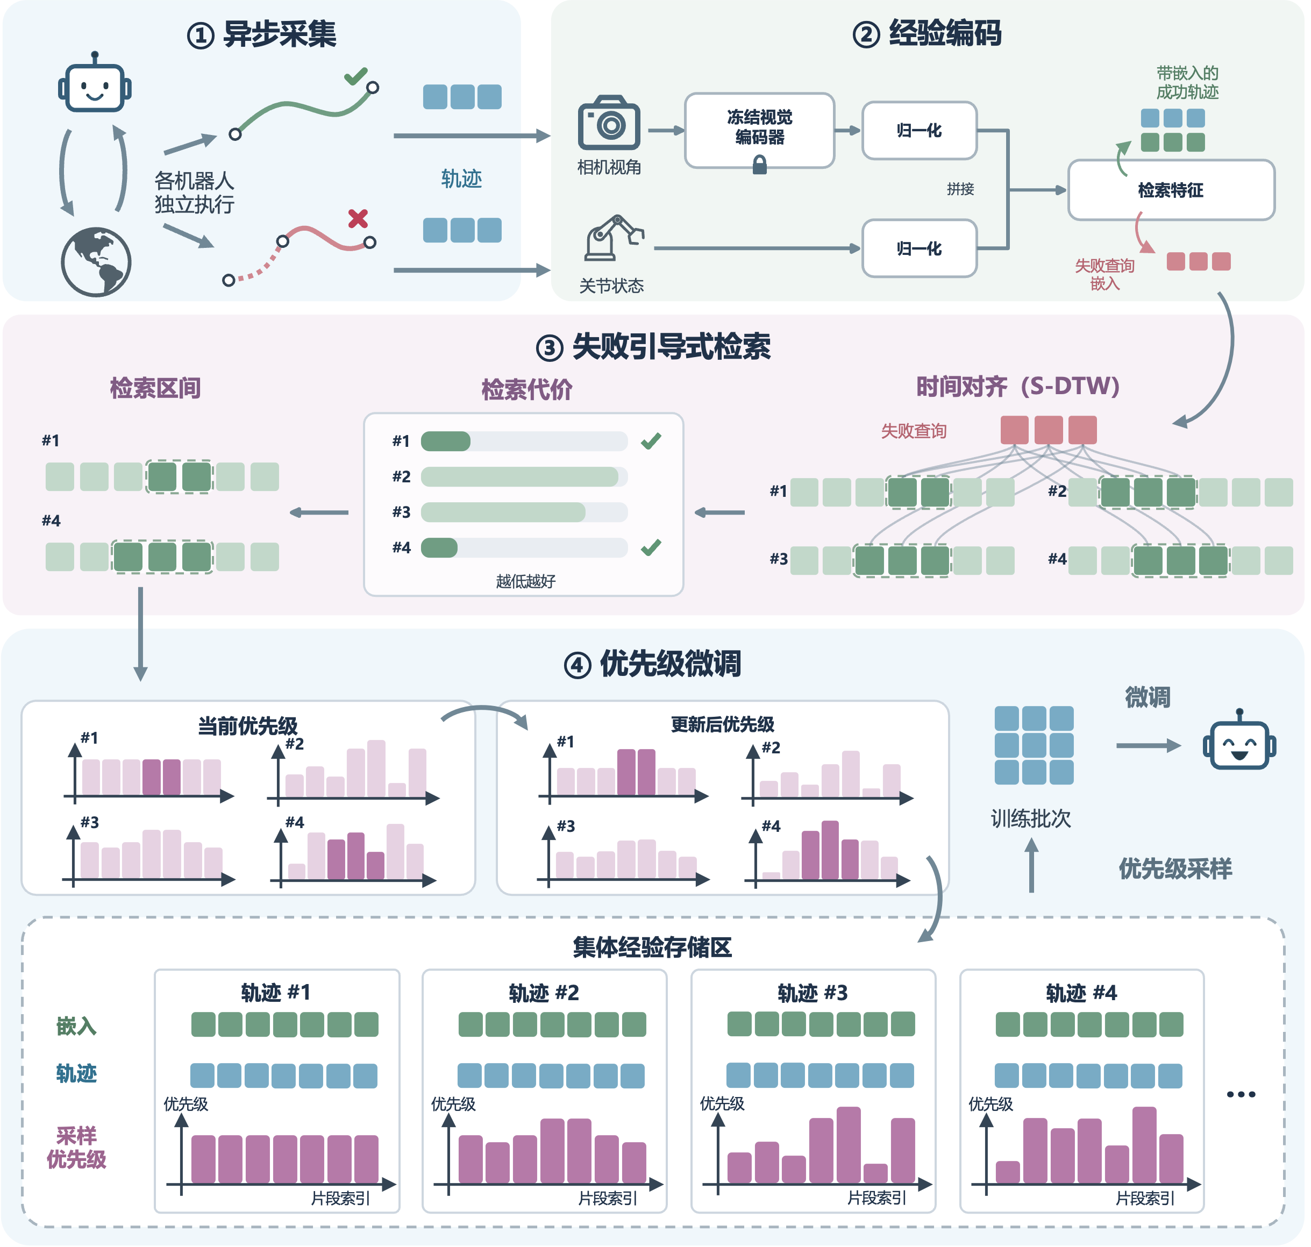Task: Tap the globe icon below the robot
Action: click(96, 262)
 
